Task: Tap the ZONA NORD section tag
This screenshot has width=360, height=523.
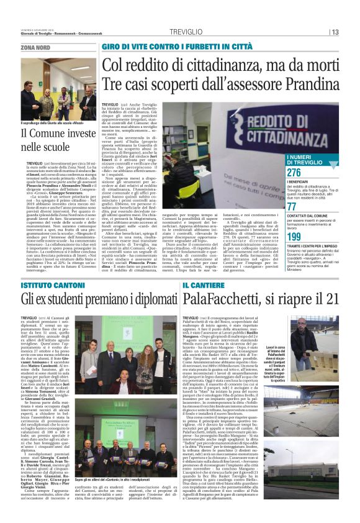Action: [x=35, y=47]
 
